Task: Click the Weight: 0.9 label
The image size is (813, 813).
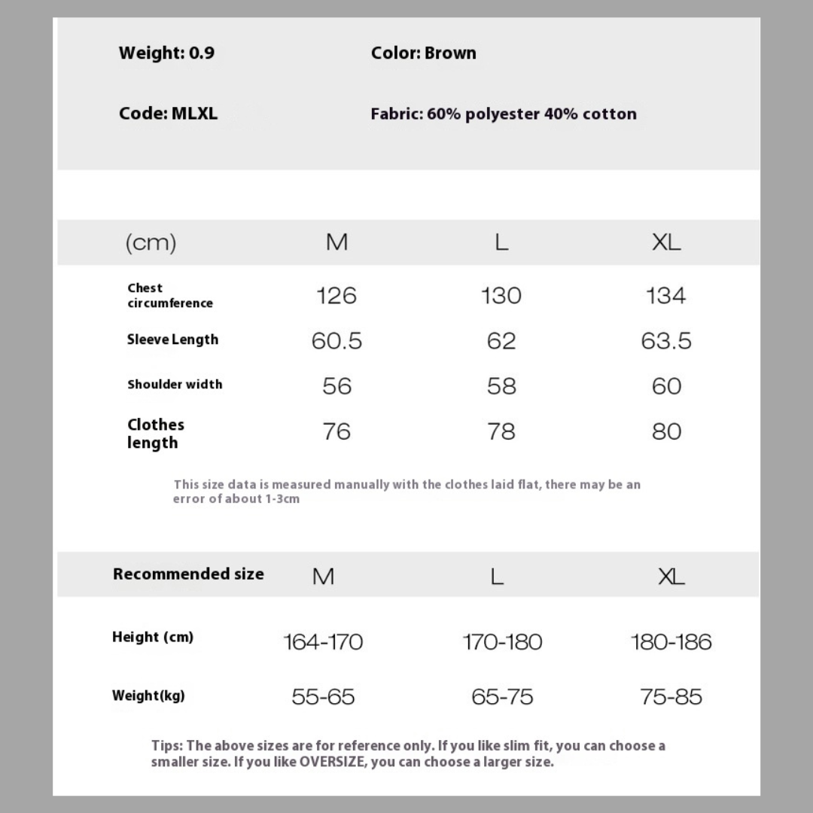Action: (166, 53)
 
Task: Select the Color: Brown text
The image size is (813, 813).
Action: (423, 53)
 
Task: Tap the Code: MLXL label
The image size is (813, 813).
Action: (168, 114)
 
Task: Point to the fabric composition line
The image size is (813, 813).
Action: (503, 114)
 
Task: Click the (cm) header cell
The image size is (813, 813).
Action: (151, 242)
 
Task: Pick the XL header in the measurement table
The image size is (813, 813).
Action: (666, 242)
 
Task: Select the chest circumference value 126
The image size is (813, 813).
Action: (336, 295)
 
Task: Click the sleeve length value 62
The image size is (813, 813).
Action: (501, 341)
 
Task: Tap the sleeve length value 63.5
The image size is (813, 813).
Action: (666, 341)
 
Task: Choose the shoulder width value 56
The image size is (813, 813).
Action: (336, 386)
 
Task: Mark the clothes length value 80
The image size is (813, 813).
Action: (666, 431)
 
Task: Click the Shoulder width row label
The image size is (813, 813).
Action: (175, 385)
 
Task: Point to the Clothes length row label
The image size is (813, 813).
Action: (155, 434)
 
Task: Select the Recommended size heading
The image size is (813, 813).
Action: (188, 574)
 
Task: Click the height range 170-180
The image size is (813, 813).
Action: (502, 642)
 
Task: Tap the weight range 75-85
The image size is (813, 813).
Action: (671, 696)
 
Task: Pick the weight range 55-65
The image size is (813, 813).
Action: (323, 696)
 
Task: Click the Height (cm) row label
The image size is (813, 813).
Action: (153, 638)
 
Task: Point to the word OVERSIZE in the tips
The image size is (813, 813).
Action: (333, 762)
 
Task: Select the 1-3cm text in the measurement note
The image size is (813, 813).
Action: (282, 499)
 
